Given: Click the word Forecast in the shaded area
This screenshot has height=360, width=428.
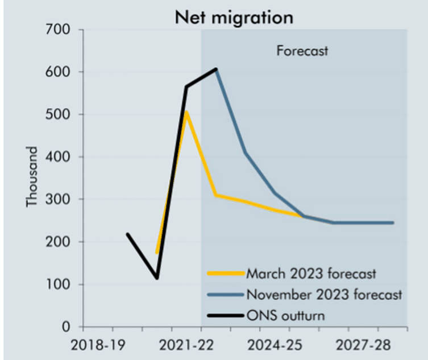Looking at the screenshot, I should pyautogui.click(x=302, y=51).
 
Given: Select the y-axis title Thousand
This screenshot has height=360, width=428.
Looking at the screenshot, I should pyautogui.click(x=33, y=177).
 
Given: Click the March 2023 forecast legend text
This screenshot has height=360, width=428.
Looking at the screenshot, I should pyautogui.click(x=311, y=274).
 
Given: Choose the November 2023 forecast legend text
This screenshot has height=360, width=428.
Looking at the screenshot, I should pyautogui.click(x=324, y=295).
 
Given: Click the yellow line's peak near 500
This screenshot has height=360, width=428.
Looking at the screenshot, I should pyautogui.click(x=186, y=113).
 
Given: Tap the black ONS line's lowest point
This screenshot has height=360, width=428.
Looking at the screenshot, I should pyautogui.click(x=157, y=278).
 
